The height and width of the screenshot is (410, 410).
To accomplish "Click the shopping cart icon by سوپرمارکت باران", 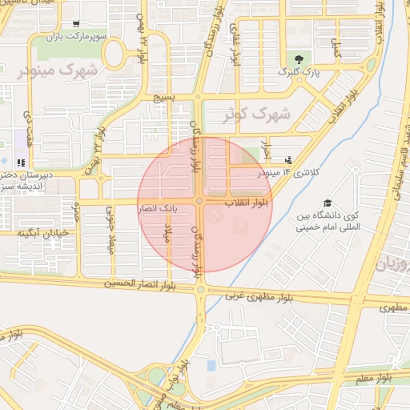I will pyautogui.click(x=75, y=25).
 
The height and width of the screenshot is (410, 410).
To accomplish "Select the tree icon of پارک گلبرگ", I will pyautogui.click(x=299, y=58).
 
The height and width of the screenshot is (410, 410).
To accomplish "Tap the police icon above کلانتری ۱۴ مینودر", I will pyautogui.click(x=288, y=159).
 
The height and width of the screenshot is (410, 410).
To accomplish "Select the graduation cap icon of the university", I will pyautogui.click(x=327, y=203).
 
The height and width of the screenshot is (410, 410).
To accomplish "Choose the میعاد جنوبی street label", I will pyautogui.click(x=111, y=232).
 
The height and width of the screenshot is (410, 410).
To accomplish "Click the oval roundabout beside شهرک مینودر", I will pyautogui.click(x=114, y=54).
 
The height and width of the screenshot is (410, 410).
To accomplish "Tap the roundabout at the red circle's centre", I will pyautogui.click(x=199, y=201).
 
